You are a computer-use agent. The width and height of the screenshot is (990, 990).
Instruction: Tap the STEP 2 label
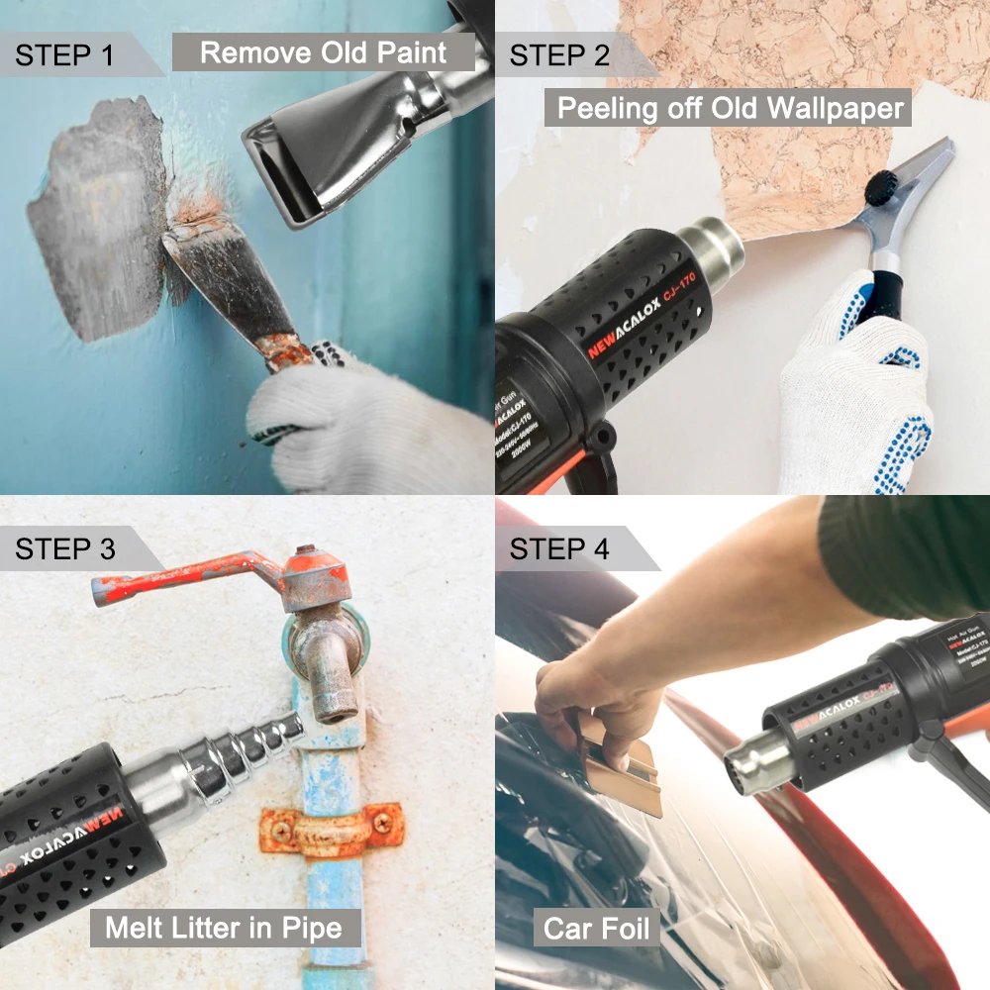[x=559, y=54]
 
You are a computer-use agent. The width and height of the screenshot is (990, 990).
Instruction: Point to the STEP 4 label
[x=559, y=547]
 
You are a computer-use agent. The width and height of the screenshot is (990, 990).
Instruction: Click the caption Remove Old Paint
[x=323, y=51]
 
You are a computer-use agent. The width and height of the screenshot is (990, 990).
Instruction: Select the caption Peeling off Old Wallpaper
[x=732, y=107]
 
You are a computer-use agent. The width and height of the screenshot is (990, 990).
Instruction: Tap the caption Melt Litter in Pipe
[x=224, y=929]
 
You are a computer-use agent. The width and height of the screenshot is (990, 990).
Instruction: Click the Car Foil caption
[x=597, y=929]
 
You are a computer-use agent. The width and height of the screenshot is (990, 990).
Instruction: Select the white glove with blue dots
[x=856, y=396]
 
